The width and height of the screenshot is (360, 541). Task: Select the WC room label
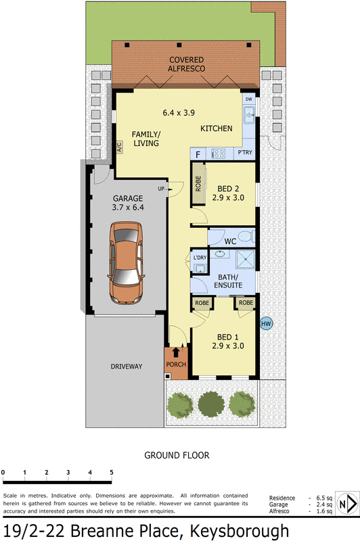pyautogui.click(x=230, y=241)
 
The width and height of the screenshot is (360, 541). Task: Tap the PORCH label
pyautogui.click(x=176, y=364)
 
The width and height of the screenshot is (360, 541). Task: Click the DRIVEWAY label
pyautogui.click(x=127, y=367)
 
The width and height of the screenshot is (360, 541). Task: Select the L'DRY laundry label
pyautogui.click(x=200, y=258)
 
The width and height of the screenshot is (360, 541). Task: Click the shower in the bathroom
pyautogui.click(x=242, y=260)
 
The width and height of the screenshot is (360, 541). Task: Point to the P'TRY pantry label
pyautogui.click(x=245, y=154)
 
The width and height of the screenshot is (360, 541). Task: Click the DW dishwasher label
pyautogui.click(x=249, y=99)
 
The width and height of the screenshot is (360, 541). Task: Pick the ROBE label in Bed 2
pyautogui.click(x=198, y=183)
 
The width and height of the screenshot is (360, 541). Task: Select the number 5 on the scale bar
pyautogui.click(x=112, y=472)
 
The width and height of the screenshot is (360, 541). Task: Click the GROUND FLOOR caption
pyautogui.click(x=177, y=455)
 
